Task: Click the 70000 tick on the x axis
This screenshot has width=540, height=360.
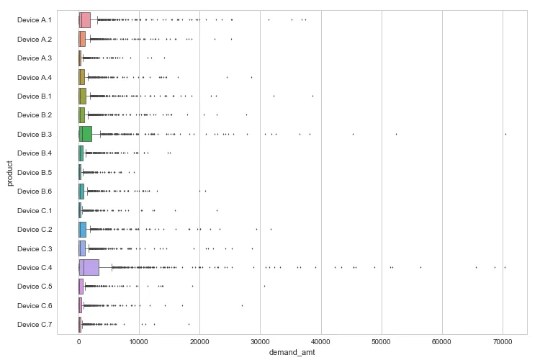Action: [x=503, y=342]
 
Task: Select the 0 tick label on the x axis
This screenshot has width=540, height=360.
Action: [x=79, y=342]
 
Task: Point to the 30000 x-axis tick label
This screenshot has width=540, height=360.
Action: [x=261, y=342]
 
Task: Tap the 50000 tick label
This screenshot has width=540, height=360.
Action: [x=382, y=342]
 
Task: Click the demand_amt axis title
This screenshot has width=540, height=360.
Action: [x=291, y=353]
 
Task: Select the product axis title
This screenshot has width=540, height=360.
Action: [x=9, y=173]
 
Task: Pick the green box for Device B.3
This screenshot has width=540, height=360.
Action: [x=86, y=134]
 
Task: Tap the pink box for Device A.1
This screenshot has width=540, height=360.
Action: [x=85, y=20]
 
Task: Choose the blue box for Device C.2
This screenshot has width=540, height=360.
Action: [x=83, y=230]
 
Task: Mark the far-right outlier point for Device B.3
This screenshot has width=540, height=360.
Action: [x=505, y=134]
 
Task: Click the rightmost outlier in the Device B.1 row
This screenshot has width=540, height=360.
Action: [x=312, y=96]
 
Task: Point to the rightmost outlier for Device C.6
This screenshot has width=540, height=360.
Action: [x=242, y=306]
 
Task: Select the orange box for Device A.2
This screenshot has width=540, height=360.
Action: [x=82, y=39]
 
